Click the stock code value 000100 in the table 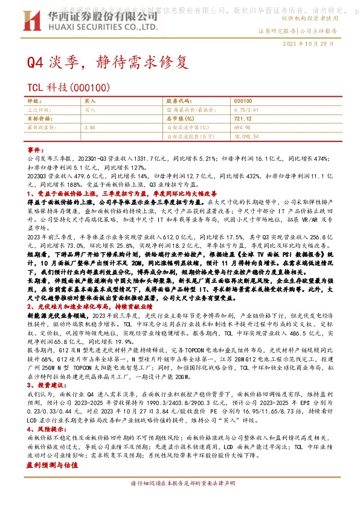(243, 102)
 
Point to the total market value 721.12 (243, 119)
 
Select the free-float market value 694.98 (242, 128)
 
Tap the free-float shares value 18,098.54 (246, 137)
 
